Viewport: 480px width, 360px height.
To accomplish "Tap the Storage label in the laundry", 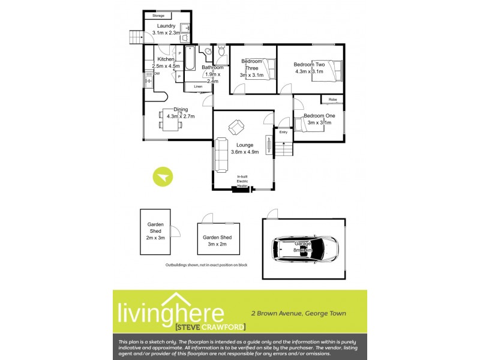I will pyautogui.click(x=158, y=16).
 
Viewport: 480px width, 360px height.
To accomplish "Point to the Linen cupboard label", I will pyautogui.click(x=197, y=87).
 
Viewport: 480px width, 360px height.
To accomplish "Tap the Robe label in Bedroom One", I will pyautogui.click(x=332, y=99).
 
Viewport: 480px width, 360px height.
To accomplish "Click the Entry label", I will pyautogui.click(x=283, y=132).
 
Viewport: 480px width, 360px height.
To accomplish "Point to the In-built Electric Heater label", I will pyautogui.click(x=242, y=181).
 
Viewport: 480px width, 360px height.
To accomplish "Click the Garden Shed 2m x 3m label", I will pyautogui.click(x=155, y=231).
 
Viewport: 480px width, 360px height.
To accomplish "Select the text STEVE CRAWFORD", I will pyautogui.click(x=202, y=327).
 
